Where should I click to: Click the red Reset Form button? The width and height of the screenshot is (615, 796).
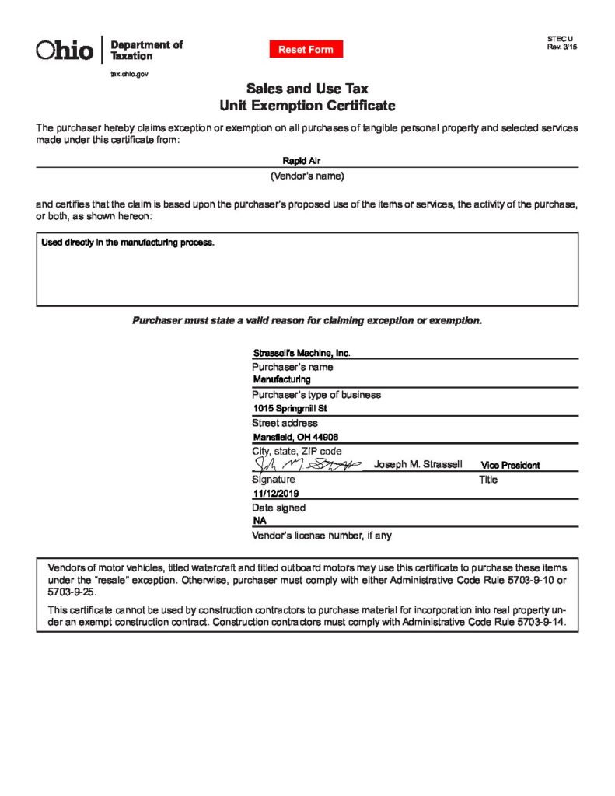306,50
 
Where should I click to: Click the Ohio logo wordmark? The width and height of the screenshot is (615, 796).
65,51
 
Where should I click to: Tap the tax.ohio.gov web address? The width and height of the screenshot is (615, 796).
129,73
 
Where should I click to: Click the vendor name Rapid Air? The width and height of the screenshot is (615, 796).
307,160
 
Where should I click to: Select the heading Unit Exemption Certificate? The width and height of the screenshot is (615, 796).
307,106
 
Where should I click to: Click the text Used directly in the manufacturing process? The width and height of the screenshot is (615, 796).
128,243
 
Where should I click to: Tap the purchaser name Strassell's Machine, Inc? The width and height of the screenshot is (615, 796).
302,353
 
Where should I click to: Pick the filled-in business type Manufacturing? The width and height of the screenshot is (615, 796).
281,379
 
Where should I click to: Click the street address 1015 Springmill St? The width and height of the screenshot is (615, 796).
290,408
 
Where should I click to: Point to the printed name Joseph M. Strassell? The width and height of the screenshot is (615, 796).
418,464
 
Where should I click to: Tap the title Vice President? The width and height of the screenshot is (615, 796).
510,465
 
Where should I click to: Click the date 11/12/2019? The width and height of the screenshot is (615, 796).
276,494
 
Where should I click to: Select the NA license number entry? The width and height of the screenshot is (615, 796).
260,521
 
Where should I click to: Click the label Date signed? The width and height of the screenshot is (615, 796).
278,508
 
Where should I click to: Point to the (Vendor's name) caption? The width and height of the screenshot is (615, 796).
307,176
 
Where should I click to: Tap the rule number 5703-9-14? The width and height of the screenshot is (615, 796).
541,623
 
